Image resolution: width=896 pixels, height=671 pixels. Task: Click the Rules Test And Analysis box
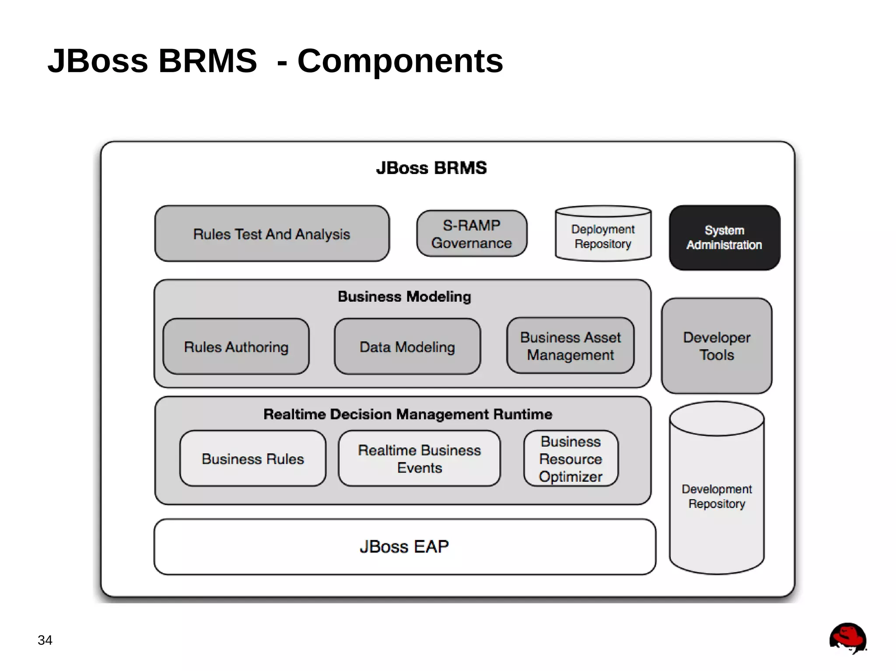coord(272,234)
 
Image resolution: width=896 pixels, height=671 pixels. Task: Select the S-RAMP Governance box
coord(471,234)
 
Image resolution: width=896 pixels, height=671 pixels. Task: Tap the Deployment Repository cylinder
coord(603,236)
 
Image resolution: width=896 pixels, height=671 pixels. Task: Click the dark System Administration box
coord(724,237)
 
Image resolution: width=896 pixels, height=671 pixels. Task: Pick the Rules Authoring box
coord(236,347)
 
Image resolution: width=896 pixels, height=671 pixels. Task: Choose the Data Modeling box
coord(407,347)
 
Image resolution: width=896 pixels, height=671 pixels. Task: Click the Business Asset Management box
coord(570,346)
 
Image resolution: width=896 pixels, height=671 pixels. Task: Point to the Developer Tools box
coord(716,346)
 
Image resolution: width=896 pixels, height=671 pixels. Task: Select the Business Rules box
coord(252,459)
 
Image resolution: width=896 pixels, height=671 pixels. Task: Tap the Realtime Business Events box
coord(419,459)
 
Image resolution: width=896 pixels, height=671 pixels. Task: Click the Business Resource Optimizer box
coord(570,459)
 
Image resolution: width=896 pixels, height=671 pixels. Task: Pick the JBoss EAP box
coord(404,547)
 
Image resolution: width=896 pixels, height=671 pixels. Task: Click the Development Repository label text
coord(716,496)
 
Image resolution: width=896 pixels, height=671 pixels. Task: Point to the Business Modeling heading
coord(404,296)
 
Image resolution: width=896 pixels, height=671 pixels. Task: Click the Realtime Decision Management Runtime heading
coord(407,414)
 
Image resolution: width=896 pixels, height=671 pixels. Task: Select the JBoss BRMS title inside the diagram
coord(431,168)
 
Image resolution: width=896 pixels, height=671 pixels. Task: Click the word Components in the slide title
coord(400,61)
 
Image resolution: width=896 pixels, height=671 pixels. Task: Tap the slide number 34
coord(45,640)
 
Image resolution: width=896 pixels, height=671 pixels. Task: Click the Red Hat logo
coord(847,639)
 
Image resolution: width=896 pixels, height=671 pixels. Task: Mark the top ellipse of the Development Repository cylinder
coord(716,419)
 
